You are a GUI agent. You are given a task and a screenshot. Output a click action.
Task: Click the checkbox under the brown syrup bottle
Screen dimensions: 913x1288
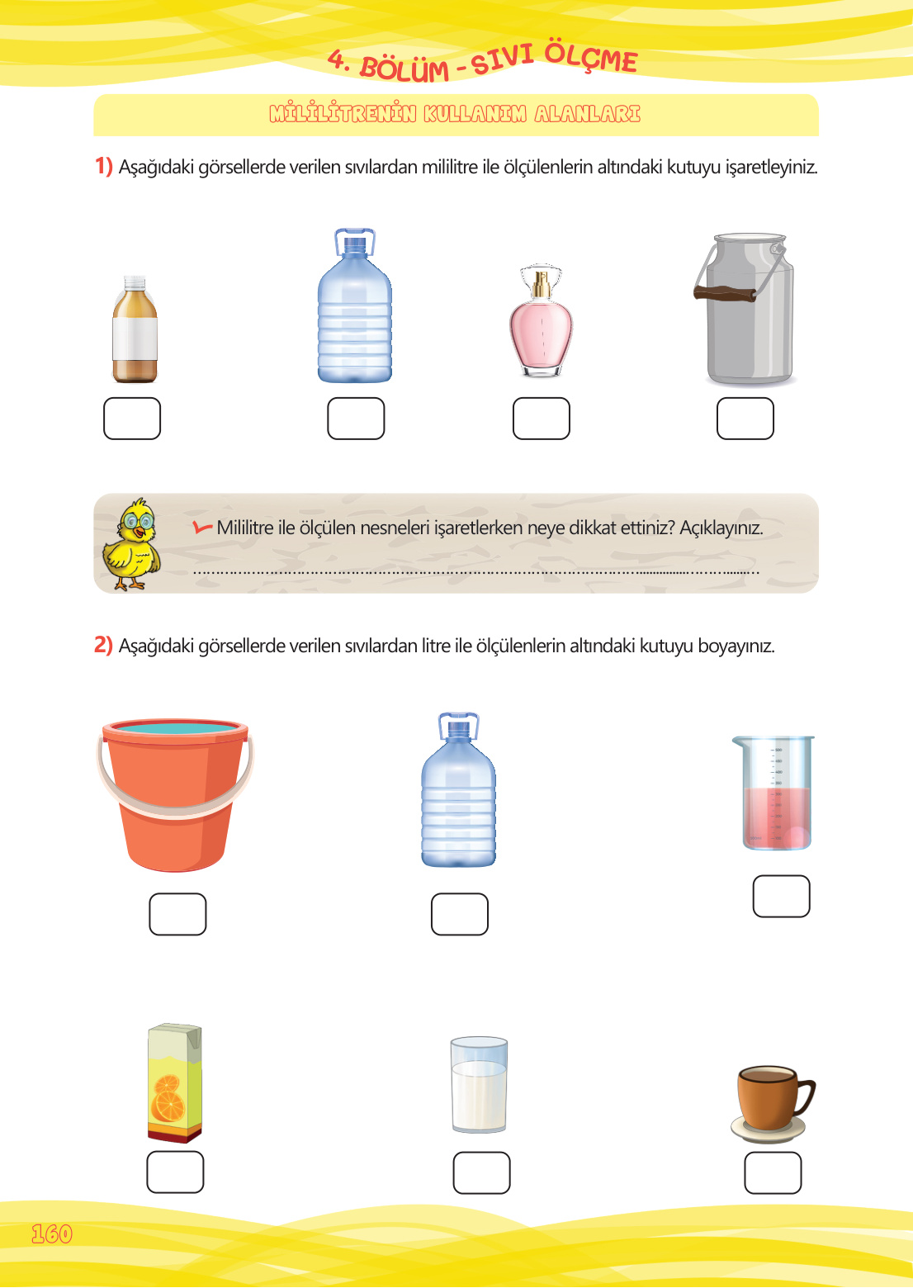click(131, 418)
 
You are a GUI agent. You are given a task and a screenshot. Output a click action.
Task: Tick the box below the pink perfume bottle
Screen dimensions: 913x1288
click(541, 418)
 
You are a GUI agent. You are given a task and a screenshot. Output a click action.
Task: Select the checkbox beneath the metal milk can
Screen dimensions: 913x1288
click(745, 418)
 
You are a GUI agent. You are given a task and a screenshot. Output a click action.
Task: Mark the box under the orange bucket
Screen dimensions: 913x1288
click(177, 914)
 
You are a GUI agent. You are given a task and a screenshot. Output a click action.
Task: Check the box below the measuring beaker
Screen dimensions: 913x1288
click(782, 896)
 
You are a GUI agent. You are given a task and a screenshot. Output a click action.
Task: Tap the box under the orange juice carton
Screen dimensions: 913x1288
click(175, 1172)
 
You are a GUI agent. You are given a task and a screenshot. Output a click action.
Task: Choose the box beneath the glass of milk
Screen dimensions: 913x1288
click(482, 1172)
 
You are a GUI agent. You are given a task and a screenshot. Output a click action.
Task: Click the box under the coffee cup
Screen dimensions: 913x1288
click(773, 1172)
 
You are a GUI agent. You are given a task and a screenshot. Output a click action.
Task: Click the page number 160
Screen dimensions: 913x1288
click(52, 1234)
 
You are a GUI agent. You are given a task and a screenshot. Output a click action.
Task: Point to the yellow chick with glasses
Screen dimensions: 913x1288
click(131, 544)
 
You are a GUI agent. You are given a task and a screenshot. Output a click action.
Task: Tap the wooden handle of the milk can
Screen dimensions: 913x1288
click(725, 293)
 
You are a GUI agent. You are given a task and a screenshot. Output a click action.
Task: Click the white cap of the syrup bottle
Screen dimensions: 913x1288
click(135, 282)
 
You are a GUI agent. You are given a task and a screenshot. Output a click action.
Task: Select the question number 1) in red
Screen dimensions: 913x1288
click(103, 166)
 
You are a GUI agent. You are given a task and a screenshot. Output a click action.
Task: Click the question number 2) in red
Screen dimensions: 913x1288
click(103, 645)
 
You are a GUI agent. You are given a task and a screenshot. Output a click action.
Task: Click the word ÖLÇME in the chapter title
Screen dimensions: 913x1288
click(591, 57)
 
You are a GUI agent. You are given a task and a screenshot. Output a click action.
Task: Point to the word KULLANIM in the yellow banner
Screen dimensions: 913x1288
click(475, 114)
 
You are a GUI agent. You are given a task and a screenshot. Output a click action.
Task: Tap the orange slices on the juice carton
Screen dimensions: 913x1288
click(168, 1098)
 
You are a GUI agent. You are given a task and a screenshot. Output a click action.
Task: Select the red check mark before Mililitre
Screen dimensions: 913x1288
click(202, 527)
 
